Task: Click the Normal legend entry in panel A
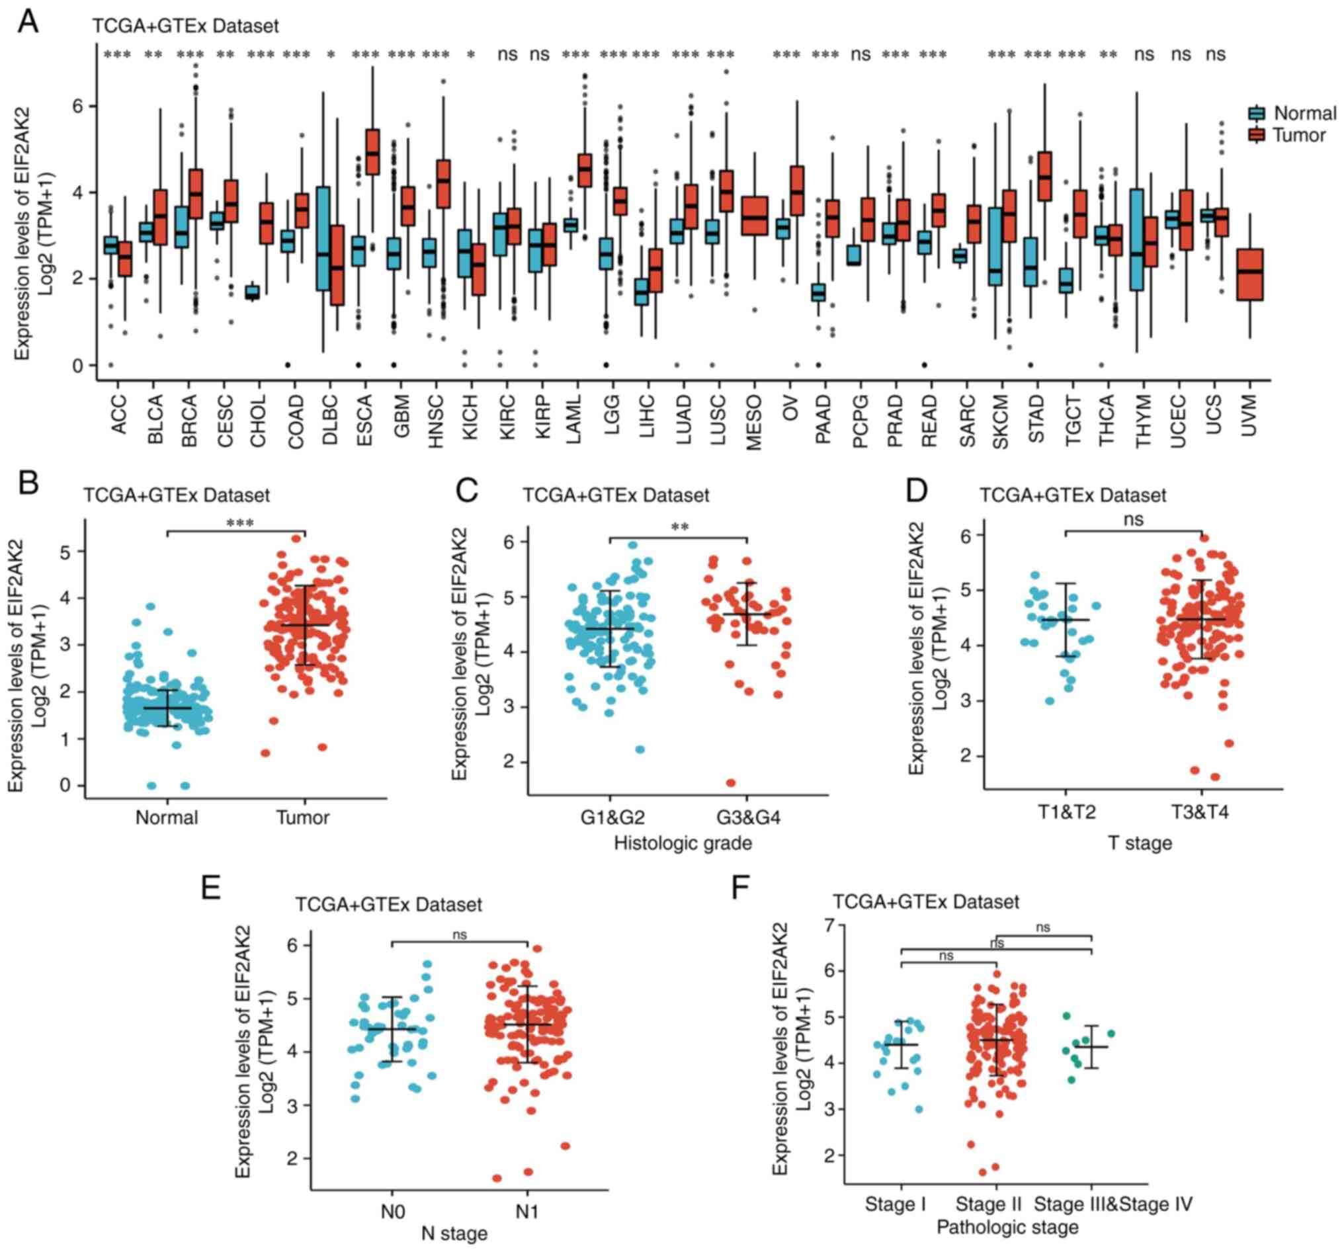click(x=1304, y=113)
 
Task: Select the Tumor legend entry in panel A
click(x=1299, y=135)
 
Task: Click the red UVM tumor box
click(x=1250, y=274)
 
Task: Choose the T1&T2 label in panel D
click(x=1066, y=812)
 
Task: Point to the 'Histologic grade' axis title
click(x=683, y=843)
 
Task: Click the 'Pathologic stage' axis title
click(x=1007, y=1227)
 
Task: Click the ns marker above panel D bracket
click(x=1134, y=520)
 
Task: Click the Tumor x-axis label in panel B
click(x=303, y=817)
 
